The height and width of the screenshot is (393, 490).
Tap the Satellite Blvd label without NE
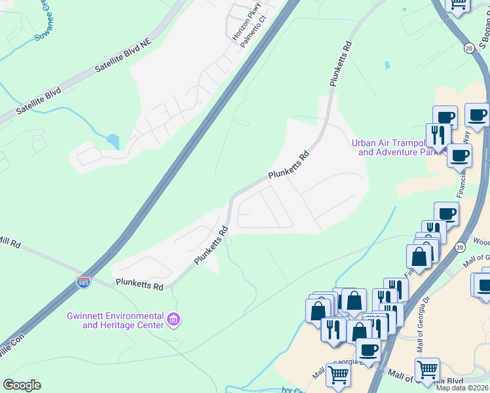click(x=39, y=102)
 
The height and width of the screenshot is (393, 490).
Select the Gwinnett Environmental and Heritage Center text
click(x=115, y=320)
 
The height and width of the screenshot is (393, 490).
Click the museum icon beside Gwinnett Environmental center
click(x=174, y=320)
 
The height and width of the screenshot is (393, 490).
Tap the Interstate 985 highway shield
click(x=83, y=282)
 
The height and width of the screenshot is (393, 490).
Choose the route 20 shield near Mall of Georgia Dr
click(x=442, y=247)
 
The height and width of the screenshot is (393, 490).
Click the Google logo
click(x=22, y=385)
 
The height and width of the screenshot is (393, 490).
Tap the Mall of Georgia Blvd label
click(x=425, y=379)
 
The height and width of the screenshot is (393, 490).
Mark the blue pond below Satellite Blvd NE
click(x=113, y=141)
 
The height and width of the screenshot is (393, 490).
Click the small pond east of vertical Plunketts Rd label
click(x=386, y=65)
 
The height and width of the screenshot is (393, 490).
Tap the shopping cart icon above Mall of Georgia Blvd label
click(x=427, y=369)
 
